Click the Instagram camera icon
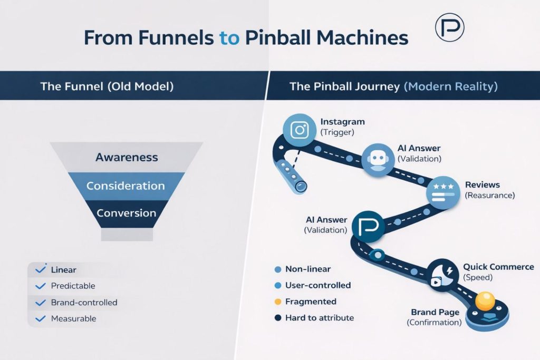[x=300, y=130]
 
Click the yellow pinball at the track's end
[x=485, y=301]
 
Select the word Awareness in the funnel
[x=127, y=157]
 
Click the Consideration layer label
[x=126, y=186]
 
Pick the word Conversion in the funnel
[x=126, y=213]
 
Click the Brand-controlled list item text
[x=84, y=303]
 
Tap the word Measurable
[x=73, y=318]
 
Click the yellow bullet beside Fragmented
[x=278, y=301]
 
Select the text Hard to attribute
[x=319, y=318]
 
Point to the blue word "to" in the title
[x=229, y=38]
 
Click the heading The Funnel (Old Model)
[x=107, y=86]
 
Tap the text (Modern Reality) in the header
[x=450, y=86]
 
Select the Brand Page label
[x=435, y=312]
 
